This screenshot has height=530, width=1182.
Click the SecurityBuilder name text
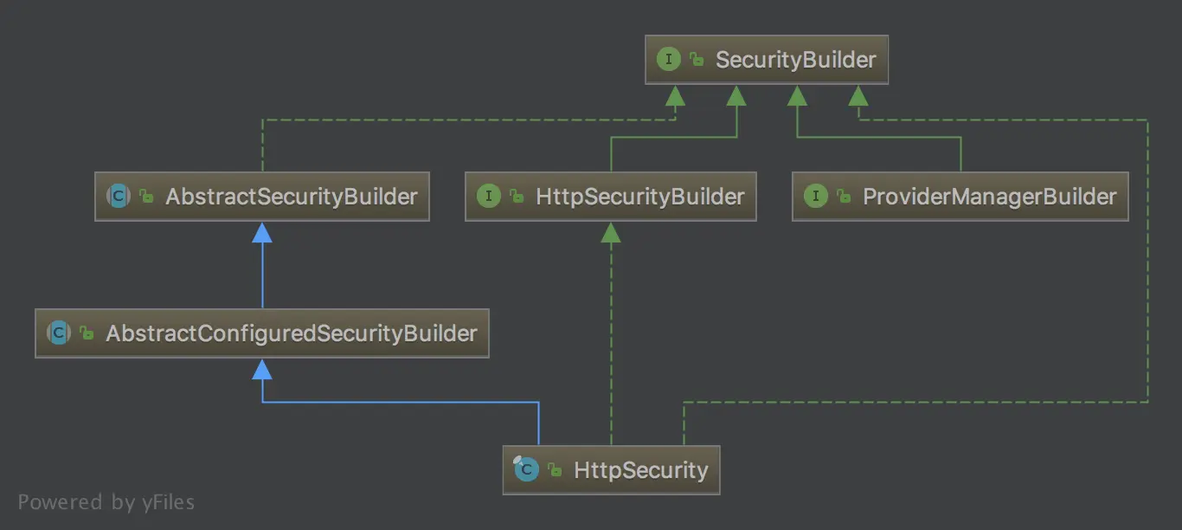point(795,60)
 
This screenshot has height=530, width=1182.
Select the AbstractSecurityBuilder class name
point(291,197)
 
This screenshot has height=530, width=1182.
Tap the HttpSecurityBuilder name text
point(639,197)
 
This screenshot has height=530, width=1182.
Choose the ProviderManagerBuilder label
point(989,197)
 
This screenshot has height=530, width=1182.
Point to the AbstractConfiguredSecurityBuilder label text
point(291,333)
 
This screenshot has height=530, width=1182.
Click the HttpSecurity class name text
point(640,470)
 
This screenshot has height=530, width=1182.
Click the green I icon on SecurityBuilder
point(668,60)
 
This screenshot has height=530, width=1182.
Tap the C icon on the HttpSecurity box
point(526,470)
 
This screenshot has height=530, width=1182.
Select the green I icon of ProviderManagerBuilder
point(815,197)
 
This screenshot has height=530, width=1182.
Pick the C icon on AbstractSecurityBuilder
point(119,197)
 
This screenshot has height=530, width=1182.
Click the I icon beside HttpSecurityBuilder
point(488,197)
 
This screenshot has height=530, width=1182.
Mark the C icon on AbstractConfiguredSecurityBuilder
point(58,333)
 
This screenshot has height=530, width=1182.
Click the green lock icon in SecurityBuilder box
point(696,60)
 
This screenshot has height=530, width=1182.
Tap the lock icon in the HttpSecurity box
point(554,471)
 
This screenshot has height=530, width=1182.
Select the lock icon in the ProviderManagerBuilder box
point(843,197)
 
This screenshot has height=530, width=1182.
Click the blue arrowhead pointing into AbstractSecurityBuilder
point(262,232)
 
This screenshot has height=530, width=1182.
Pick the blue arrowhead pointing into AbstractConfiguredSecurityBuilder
point(262,370)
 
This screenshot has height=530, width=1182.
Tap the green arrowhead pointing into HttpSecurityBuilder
point(611,232)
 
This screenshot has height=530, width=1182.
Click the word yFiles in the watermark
point(167,502)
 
